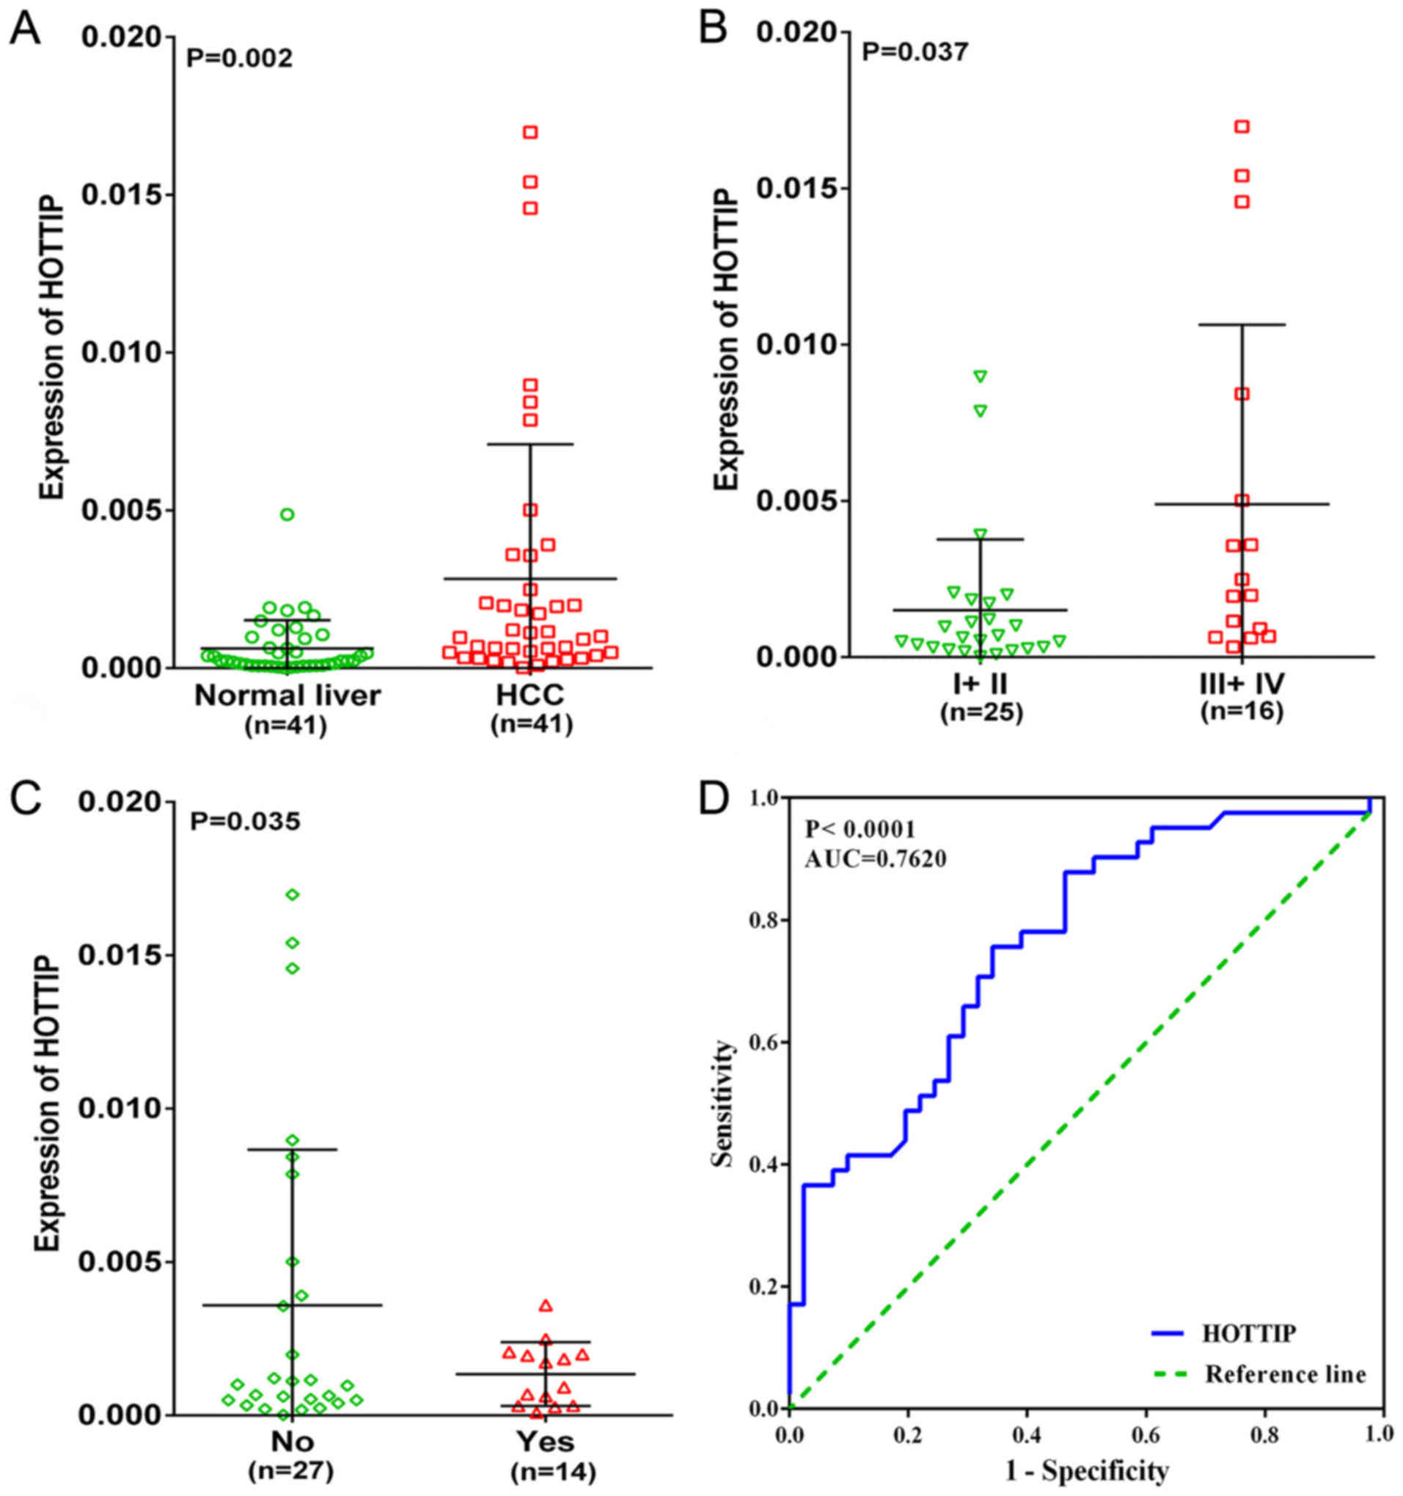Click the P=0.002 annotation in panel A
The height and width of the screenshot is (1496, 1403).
point(239,58)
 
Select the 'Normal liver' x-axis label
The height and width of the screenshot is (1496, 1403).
point(287,696)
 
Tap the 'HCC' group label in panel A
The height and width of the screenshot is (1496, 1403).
point(530,696)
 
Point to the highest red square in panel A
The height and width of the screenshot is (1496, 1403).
point(530,133)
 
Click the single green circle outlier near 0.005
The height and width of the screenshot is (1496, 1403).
point(287,515)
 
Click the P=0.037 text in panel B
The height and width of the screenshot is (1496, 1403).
point(915,52)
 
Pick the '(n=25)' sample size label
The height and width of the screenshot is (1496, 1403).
point(981,712)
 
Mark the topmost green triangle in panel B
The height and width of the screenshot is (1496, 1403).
point(981,376)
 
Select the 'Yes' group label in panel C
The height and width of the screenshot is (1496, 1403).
point(546,1441)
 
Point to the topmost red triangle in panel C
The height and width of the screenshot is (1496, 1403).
point(546,1306)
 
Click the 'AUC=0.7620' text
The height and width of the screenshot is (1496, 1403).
point(875,858)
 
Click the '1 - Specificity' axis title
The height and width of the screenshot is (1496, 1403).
point(1088,1470)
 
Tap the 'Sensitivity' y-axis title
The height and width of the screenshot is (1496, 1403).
point(724,1103)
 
